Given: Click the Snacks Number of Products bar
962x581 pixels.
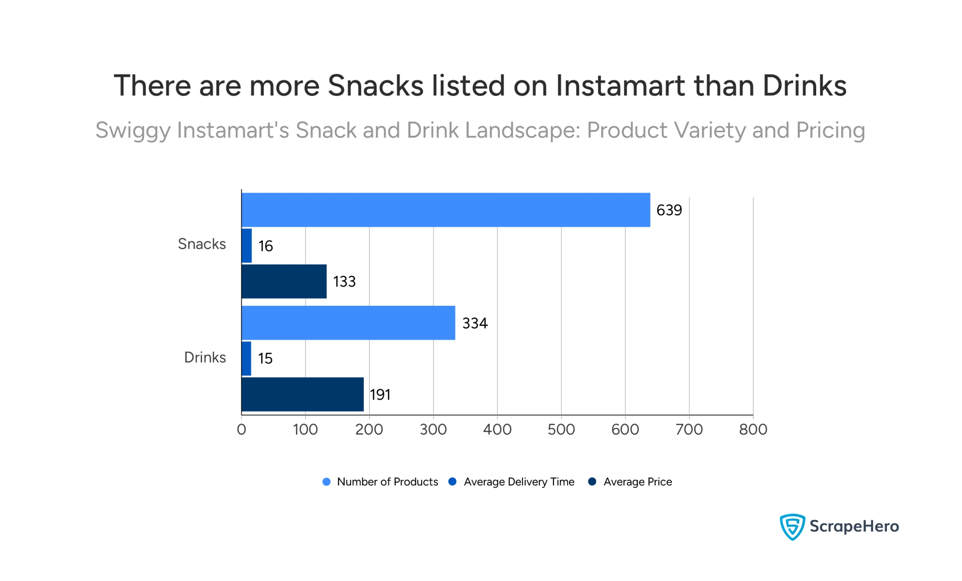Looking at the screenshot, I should click(446, 210).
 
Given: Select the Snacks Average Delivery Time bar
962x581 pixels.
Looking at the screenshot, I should click(247, 246).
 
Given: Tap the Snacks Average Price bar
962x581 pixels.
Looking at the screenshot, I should click(284, 281).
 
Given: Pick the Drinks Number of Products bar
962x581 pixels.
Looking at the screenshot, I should click(348, 323).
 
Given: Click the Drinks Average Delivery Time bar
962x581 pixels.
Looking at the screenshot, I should click(247, 358).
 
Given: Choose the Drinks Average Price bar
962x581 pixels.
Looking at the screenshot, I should click(303, 394).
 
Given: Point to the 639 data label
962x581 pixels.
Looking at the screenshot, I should click(669, 210).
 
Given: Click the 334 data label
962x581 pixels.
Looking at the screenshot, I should click(475, 323).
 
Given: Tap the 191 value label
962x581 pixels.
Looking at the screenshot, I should click(380, 394).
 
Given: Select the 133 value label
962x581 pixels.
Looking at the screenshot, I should click(344, 282).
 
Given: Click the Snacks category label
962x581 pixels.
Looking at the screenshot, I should click(202, 244).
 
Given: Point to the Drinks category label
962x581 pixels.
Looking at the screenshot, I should click(205, 358).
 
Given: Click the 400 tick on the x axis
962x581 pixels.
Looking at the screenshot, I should click(497, 430).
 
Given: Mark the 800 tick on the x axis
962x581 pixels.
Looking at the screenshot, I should click(753, 430).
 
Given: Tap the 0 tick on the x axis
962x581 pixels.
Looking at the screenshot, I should click(241, 430).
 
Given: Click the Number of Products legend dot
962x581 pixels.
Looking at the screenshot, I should click(327, 482).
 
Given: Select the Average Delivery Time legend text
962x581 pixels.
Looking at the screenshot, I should click(519, 482).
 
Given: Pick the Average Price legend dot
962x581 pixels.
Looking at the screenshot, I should click(592, 481).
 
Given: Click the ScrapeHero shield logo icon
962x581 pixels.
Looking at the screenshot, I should click(792, 527).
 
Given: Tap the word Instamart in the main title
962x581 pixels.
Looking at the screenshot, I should click(620, 86).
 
